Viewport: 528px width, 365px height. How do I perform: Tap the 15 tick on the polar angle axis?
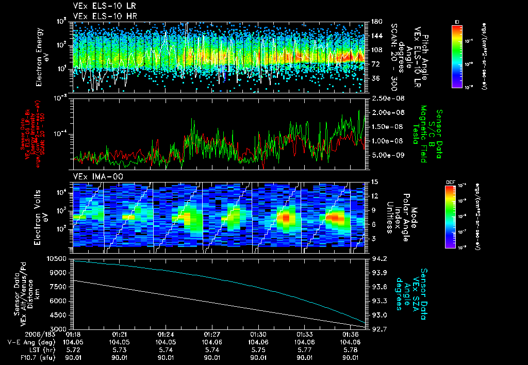tap(374, 182)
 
